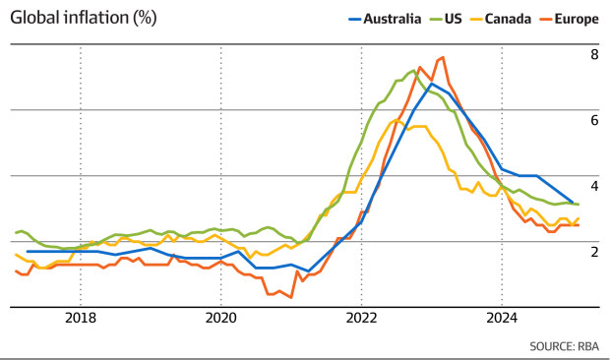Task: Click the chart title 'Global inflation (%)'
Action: click(x=84, y=18)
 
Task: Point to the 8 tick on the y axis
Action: click(x=594, y=55)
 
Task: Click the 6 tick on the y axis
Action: click(x=594, y=120)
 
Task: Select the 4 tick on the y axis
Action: click(x=594, y=186)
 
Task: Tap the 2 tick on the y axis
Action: click(x=594, y=252)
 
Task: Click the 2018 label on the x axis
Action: click(x=80, y=318)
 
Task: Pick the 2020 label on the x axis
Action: click(x=220, y=318)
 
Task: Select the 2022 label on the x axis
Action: click(x=361, y=318)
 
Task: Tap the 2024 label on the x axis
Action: click(x=502, y=318)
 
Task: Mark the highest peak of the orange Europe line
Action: click(x=443, y=57)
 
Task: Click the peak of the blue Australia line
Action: click(x=431, y=84)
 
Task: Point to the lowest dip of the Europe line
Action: click(x=291, y=297)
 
